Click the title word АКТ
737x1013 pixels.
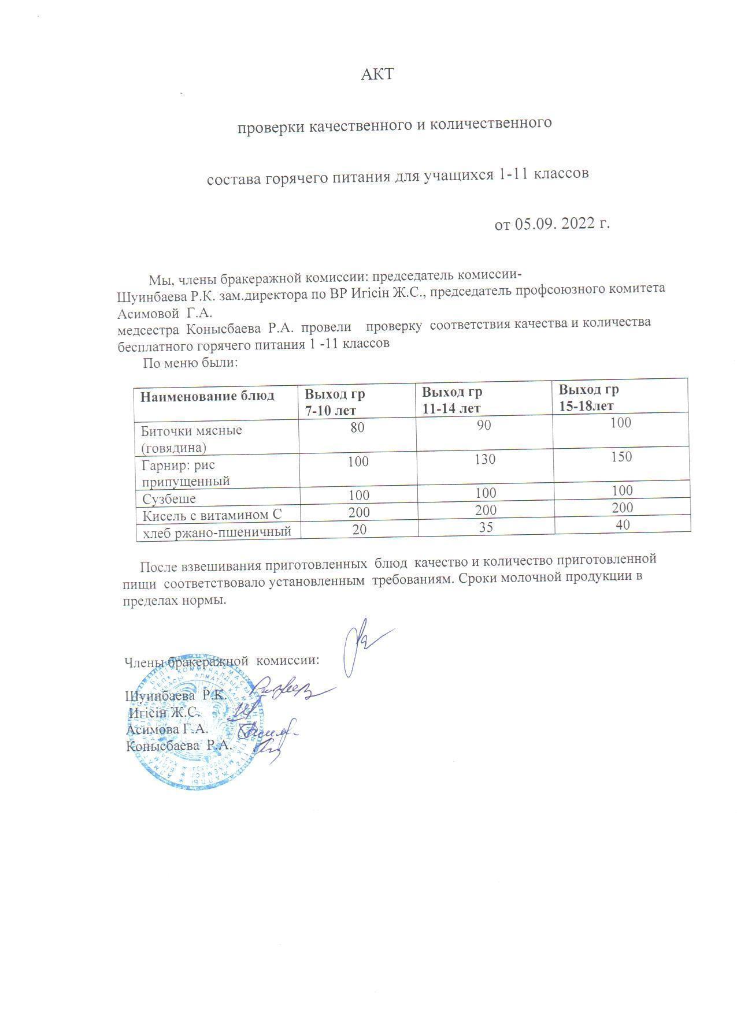(377, 75)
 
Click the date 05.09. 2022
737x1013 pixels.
(545, 224)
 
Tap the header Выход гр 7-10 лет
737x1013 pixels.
(335, 402)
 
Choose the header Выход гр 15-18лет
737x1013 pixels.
(588, 397)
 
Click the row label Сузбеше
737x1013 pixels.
(169, 498)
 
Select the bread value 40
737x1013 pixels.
(623, 524)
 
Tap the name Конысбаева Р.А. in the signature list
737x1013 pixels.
(179, 745)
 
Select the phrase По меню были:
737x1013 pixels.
(191, 363)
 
